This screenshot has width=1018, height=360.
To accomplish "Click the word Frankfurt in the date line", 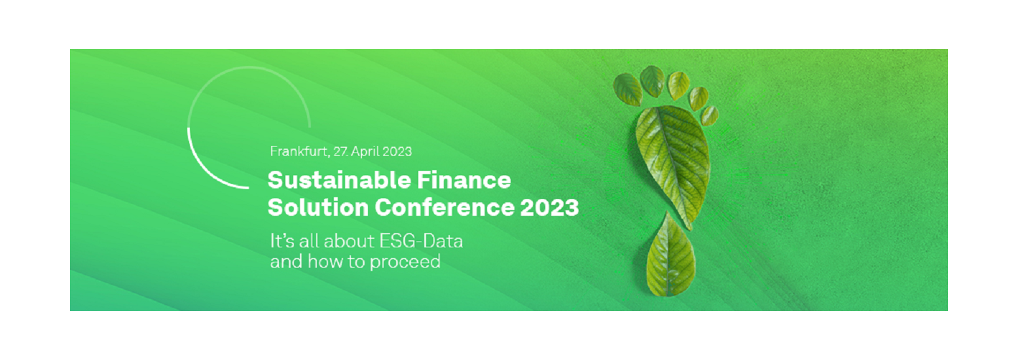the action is click(299, 151).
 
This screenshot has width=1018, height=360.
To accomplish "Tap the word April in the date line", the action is click(365, 152).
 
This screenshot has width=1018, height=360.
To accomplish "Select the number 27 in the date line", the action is click(340, 151).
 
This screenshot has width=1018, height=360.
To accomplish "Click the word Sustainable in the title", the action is click(339, 180).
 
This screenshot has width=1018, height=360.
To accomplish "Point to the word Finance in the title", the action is click(464, 180).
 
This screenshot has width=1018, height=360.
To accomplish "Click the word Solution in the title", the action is click(318, 207).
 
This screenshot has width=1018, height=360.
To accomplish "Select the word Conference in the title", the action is click(445, 207).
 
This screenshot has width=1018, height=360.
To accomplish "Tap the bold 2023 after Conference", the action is click(549, 207).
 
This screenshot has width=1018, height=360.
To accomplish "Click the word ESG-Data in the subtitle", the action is click(421, 241).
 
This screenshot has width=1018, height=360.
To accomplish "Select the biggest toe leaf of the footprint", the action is click(628, 90).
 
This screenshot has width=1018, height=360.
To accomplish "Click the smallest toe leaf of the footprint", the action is click(709, 115).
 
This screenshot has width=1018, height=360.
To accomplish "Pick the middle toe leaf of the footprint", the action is click(678, 86).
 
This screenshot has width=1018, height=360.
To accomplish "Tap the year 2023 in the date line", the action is click(397, 151).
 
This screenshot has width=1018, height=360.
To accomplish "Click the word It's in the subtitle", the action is click(282, 241).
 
